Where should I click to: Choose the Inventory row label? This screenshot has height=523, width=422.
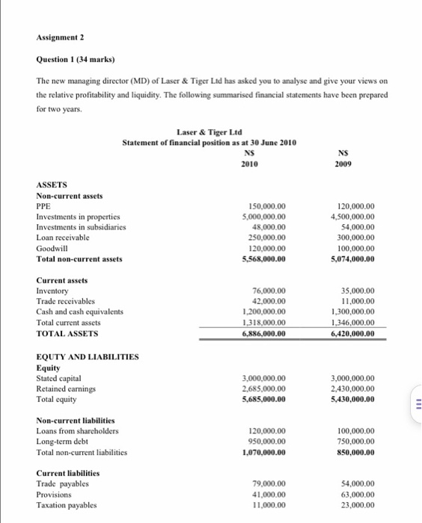52,291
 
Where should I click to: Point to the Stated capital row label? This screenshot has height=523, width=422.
59,378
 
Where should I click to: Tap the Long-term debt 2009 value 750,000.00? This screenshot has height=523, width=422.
353,442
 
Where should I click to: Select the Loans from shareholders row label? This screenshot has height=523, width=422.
78,431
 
